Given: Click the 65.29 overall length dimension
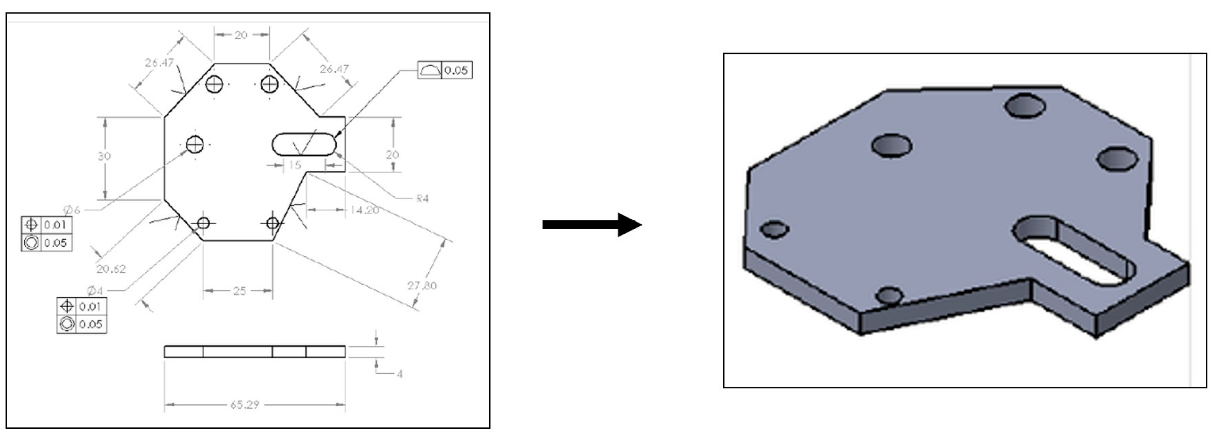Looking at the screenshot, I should click(x=245, y=405).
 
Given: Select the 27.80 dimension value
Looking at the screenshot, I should click(x=422, y=285).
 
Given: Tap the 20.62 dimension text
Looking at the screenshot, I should click(x=111, y=269).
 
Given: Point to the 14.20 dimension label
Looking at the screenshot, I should click(x=364, y=210).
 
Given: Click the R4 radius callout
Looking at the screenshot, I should click(x=422, y=199).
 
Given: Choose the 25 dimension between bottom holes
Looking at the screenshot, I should click(x=239, y=291).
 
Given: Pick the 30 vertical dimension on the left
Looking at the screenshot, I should click(x=104, y=156).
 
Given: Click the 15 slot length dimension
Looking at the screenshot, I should click(x=295, y=165).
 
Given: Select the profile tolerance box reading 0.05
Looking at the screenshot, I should click(x=445, y=70).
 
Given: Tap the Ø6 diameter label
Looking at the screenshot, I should click(x=72, y=210).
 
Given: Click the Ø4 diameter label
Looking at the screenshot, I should click(x=94, y=291).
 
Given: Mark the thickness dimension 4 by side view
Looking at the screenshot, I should click(x=399, y=373).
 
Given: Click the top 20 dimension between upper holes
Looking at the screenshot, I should click(x=240, y=35).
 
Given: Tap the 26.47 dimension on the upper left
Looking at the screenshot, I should click(x=159, y=63).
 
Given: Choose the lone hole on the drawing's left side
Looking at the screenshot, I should click(x=195, y=144).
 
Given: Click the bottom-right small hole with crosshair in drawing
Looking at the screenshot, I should click(x=273, y=223).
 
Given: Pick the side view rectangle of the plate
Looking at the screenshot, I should click(x=254, y=352).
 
